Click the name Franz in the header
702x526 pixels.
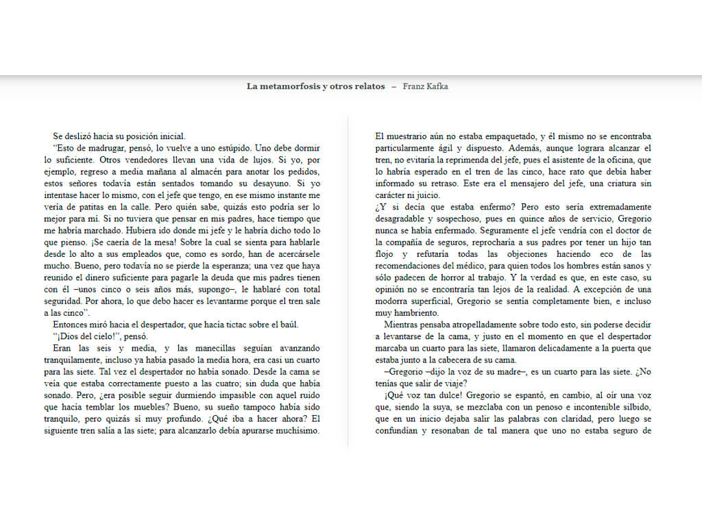coord(414,86)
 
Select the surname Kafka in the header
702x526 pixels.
coord(439,86)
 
